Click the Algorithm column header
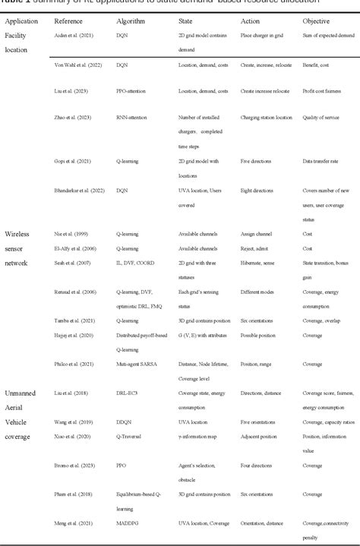point(131,23)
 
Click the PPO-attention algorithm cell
point(133,91)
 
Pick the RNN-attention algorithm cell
point(134,118)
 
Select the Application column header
point(22,23)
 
